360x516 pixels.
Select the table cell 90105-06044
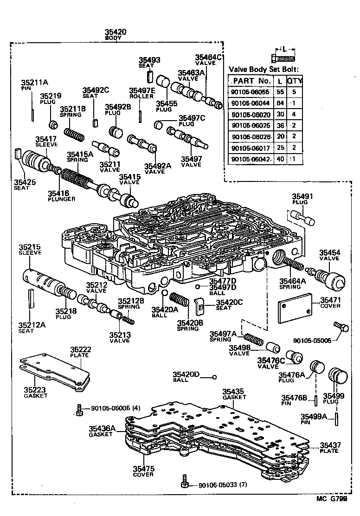click(x=249, y=103)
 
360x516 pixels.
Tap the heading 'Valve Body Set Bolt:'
click(x=264, y=70)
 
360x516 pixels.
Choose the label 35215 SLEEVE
click(x=30, y=249)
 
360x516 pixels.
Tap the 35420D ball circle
click(x=215, y=377)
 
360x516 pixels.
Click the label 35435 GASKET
click(x=234, y=394)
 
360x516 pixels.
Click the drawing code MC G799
click(x=332, y=499)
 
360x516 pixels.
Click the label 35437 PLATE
click(x=330, y=448)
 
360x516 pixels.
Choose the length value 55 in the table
click(x=280, y=92)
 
